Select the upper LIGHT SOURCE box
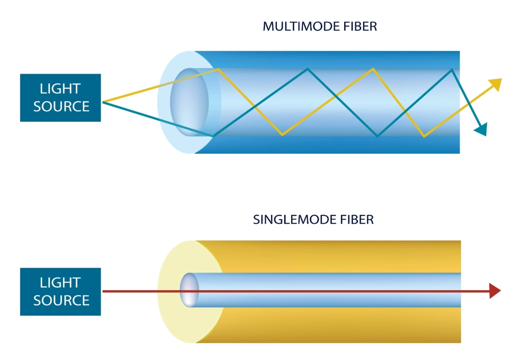point(60,97)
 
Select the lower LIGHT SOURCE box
point(60,291)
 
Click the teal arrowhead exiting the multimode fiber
point(481,130)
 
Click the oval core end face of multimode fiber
point(189,102)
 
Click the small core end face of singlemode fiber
point(189,290)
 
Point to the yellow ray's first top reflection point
point(219,69)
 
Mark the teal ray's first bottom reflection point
point(213,136)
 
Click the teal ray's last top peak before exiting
point(452,69)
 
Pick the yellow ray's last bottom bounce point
point(424,136)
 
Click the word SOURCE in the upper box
point(61,107)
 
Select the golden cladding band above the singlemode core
point(330,256)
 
